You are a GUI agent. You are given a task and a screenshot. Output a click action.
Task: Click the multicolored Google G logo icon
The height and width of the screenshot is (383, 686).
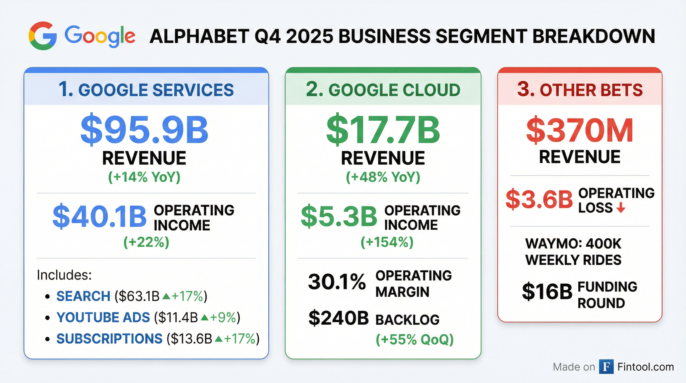click(43, 36)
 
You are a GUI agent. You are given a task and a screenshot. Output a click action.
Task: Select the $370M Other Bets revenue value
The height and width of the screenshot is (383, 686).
click(580, 130)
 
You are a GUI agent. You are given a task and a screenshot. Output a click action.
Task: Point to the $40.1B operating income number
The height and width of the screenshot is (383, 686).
click(99, 216)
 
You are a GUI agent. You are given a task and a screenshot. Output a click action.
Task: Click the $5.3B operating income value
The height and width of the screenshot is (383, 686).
click(339, 216)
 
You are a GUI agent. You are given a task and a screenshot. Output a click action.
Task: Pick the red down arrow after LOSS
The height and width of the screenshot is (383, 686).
click(621, 208)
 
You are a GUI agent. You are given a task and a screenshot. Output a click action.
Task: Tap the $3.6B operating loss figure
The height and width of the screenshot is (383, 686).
click(539, 200)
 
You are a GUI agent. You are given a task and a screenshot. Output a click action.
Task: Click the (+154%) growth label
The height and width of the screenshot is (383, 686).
click(387, 242)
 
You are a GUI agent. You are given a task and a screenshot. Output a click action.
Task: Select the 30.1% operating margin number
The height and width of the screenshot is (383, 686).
click(337, 282)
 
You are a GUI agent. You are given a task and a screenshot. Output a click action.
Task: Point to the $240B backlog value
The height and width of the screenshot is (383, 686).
click(339, 318)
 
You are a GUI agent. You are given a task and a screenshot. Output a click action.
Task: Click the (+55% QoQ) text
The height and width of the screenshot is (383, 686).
click(414, 339)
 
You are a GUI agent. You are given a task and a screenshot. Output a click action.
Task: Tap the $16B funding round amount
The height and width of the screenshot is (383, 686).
click(547, 292)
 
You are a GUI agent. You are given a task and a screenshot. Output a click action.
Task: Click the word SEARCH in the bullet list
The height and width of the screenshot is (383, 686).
click(83, 296)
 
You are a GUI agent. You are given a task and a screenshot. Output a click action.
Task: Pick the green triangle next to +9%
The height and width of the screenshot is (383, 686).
click(204, 317)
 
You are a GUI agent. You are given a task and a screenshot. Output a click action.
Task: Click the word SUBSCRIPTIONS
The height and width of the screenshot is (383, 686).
click(109, 339)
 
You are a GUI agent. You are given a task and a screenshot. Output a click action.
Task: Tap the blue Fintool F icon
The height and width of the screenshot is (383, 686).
click(606, 367)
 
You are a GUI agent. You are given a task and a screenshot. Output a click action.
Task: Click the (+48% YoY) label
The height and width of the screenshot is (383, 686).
click(383, 177)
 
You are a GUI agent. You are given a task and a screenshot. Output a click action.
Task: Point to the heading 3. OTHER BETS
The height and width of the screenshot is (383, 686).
click(580, 90)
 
